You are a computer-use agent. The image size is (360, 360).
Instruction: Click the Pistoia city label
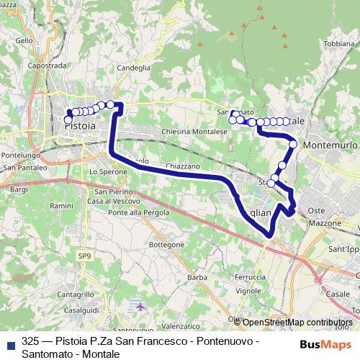pos(80,126)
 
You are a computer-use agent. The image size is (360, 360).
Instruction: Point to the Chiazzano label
pos(182,166)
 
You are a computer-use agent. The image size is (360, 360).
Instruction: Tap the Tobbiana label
pos(339,44)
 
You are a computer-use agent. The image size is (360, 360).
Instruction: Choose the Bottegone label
pos(166,246)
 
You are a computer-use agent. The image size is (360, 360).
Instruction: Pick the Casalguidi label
pos(81,310)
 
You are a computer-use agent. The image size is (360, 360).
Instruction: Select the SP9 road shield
pos(86,256)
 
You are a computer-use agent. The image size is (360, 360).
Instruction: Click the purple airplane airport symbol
pos(140,307)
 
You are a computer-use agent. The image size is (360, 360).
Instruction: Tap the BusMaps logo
pos(322,343)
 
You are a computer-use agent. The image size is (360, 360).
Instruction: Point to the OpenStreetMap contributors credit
pos(297,323)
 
